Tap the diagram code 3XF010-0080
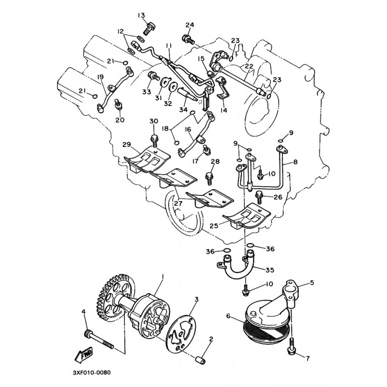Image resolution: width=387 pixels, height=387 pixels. [x=92, y=372]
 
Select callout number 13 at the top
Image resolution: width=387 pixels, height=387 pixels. [x=141, y=16]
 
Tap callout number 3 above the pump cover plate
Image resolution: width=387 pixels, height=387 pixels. [x=196, y=299]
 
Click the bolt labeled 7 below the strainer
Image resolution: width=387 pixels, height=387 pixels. [x=292, y=346]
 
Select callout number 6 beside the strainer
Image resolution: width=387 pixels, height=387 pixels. [x=228, y=316]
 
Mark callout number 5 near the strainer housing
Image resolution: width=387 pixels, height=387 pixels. [x=312, y=283]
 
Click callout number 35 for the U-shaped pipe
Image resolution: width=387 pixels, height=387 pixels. [x=270, y=270]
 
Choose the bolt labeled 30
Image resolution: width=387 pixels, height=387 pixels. [x=154, y=140]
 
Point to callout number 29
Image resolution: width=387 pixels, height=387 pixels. [x=127, y=144]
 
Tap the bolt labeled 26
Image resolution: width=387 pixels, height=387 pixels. [x=259, y=197]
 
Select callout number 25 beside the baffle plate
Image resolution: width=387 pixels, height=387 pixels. [x=214, y=225]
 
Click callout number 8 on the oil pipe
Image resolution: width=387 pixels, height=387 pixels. [x=295, y=162]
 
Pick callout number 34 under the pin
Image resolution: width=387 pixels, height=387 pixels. [x=183, y=110]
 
